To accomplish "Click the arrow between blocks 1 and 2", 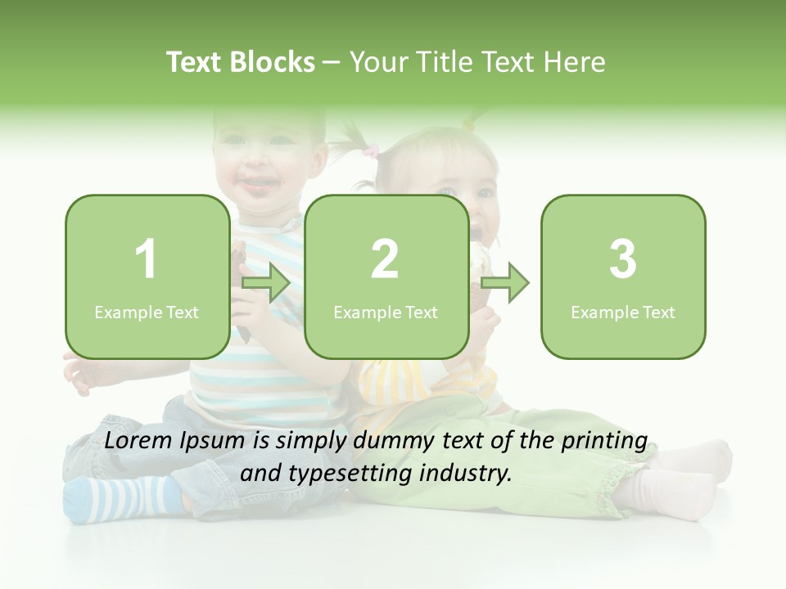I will pos(266,284).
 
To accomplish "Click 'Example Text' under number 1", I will pos(147,312).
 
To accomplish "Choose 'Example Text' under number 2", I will pos(386,312).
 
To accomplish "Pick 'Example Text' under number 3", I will pos(623,312).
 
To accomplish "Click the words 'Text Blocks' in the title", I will pos(241,62).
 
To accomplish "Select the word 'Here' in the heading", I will pos(578,62).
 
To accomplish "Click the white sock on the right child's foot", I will pos(663,495).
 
